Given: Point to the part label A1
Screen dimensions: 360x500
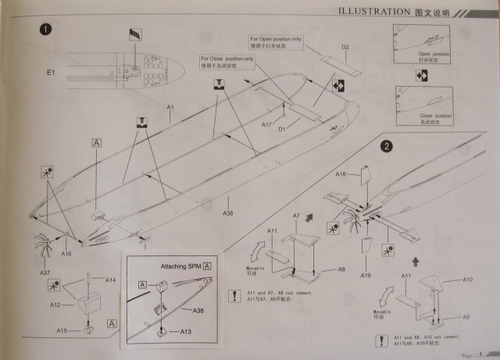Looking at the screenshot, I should pos(170,106).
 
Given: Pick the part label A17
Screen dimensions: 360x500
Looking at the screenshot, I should pos(266,125).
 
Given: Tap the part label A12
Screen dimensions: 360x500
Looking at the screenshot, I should pos(56,305).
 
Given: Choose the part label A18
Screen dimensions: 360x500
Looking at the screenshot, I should pos(341,174).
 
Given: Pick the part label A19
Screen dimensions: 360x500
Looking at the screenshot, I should pos(366,276).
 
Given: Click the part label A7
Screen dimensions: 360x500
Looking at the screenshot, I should pos(296,215).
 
